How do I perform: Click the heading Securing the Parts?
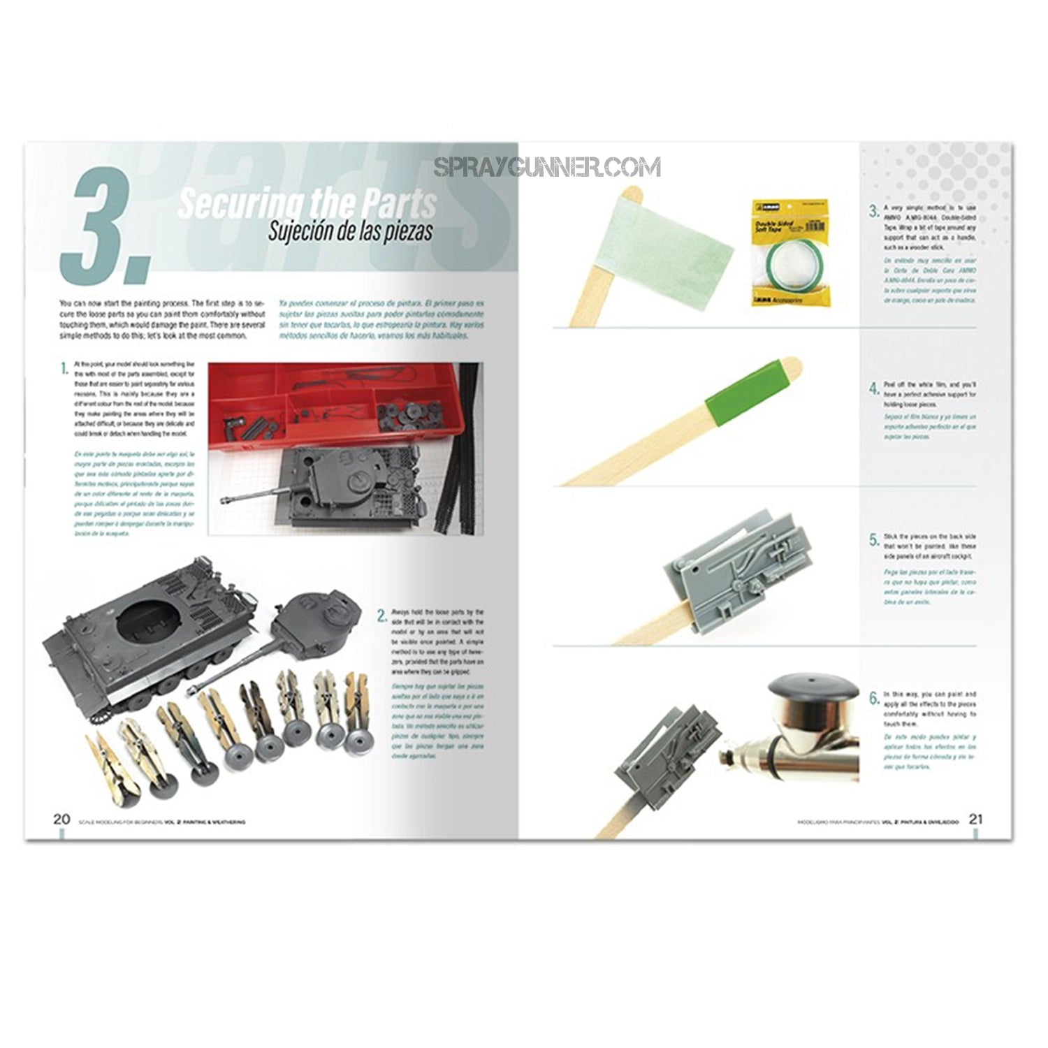point(307,202)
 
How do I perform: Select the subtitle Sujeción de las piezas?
point(350,231)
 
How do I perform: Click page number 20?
point(61,820)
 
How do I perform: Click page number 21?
point(975,820)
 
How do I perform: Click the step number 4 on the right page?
point(873,388)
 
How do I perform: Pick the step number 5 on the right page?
point(873,539)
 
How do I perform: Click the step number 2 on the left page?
point(381,616)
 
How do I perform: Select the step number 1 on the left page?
point(64,368)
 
